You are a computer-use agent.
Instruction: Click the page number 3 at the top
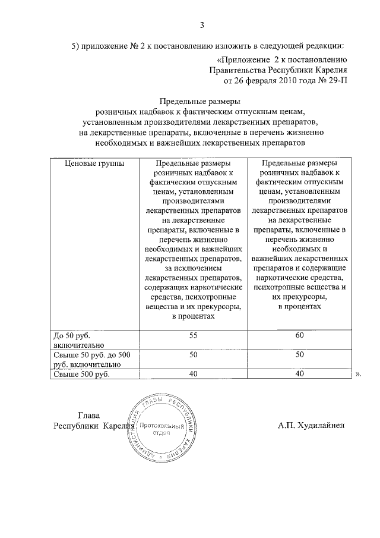[202, 25]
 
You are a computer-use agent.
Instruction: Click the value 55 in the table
[192, 336]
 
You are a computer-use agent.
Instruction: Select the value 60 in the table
[299, 336]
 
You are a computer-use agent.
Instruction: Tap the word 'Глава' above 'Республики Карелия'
[90, 415]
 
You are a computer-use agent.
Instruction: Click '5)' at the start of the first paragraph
[75, 46]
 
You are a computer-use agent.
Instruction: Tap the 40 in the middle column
[192, 374]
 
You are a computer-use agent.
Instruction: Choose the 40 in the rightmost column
[299, 374]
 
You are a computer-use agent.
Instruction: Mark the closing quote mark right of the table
[359, 375]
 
